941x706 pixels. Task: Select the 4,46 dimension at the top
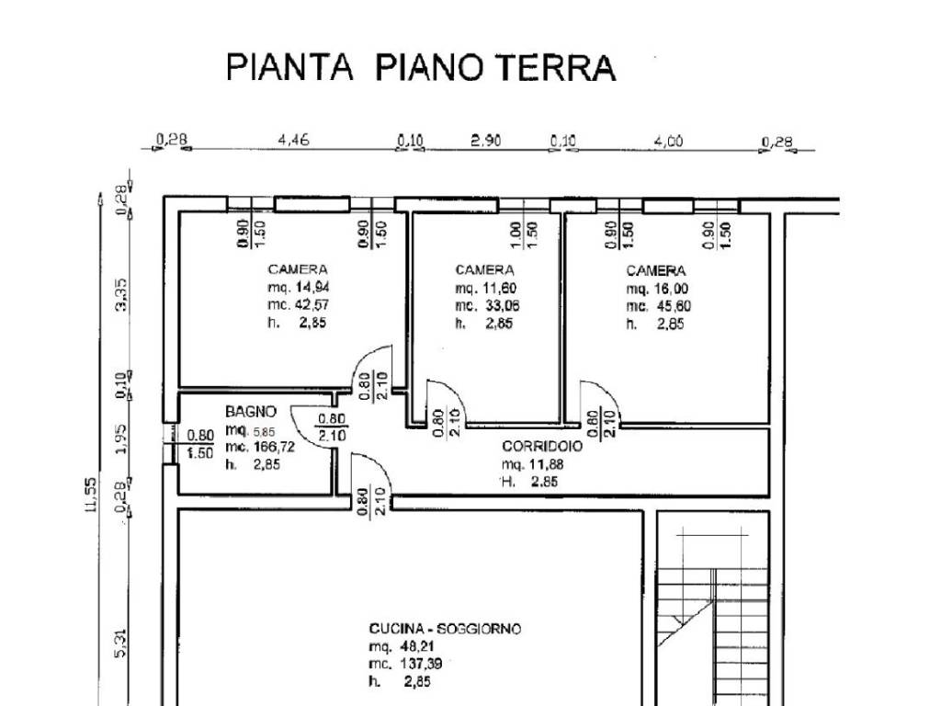click(x=293, y=141)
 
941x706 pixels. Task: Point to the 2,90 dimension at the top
click(x=486, y=141)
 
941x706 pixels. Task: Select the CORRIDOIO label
click(x=542, y=445)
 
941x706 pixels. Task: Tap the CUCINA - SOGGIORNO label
click(x=445, y=629)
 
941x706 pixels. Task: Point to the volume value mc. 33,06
click(x=487, y=305)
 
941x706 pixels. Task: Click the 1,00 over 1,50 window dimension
click(x=525, y=236)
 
